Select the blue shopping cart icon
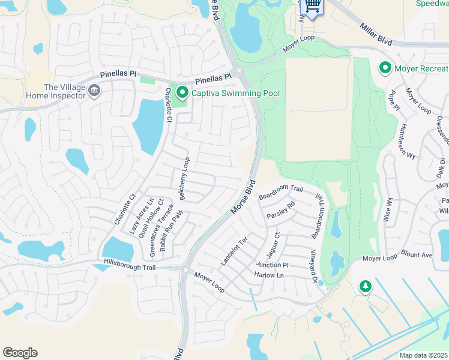tap(312, 6)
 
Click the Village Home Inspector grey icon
tap(94, 91)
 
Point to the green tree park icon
tap(364, 287)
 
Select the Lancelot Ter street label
tap(234, 251)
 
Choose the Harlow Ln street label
tap(269, 275)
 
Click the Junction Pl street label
tap(272, 265)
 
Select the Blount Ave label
tap(417, 254)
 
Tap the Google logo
tap(20, 353)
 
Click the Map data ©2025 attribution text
tap(424, 355)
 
